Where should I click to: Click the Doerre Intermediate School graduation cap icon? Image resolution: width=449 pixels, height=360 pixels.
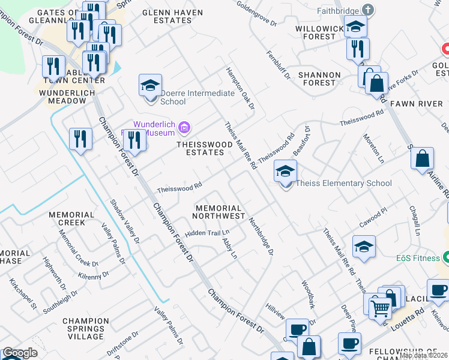click(x=150, y=85)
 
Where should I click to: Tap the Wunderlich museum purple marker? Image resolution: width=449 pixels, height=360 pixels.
click(x=184, y=126)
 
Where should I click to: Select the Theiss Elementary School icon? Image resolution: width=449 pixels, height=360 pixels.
click(x=285, y=172)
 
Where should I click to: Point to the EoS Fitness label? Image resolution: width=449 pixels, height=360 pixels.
click(x=418, y=259)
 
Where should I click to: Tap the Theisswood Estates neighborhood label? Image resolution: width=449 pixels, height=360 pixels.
click(x=200, y=148)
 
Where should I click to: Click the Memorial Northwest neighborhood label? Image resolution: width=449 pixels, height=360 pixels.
click(x=219, y=211)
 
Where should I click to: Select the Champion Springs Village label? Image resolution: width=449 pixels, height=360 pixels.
click(x=85, y=325)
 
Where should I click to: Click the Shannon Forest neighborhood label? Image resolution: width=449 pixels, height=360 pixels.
click(x=319, y=79)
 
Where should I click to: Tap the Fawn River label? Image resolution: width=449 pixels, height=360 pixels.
click(x=416, y=104)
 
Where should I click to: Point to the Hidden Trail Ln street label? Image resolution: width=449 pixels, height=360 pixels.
click(x=207, y=233)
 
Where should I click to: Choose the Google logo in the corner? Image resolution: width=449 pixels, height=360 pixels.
click(x=19, y=353)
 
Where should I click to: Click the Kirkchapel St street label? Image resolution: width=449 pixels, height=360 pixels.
click(x=23, y=294)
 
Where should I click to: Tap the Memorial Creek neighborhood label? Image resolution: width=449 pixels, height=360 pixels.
click(x=71, y=218)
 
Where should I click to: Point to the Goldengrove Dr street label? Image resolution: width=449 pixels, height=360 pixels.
click(x=256, y=22)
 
